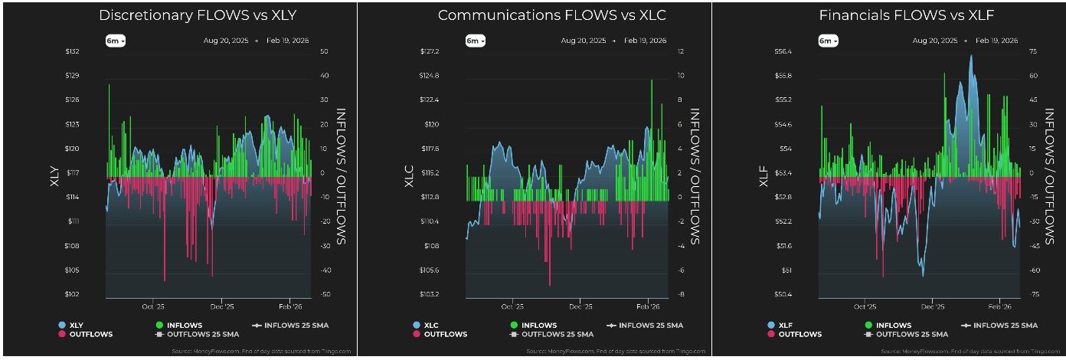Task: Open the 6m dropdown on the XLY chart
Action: pyautogui.click(x=115, y=41)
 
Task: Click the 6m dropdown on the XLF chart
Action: pyautogui.click(x=828, y=41)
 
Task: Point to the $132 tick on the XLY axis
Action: pyautogui.click(x=72, y=51)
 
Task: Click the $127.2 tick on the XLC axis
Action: pyautogui.click(x=430, y=51)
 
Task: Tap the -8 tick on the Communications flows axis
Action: pyautogui.click(x=679, y=295)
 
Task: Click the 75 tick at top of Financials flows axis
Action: pyautogui.click(x=1033, y=51)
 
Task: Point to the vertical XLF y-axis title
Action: pyautogui.click(x=764, y=173)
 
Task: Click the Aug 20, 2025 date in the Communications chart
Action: pyautogui.click(x=583, y=41)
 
